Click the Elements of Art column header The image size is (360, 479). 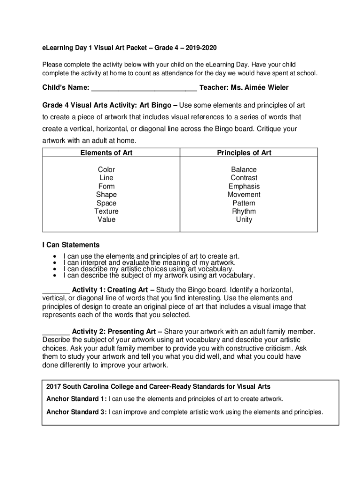[106, 152]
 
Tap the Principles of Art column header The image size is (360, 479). [244, 152]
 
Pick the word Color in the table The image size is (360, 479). [106, 169]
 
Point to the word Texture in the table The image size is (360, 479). [106, 211]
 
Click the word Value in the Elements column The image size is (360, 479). [106, 219]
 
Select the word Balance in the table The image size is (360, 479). [244, 169]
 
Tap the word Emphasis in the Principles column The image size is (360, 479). [244, 186]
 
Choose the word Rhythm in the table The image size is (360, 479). [244, 211]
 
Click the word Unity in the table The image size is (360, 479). [244, 219]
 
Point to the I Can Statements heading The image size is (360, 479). [71, 245]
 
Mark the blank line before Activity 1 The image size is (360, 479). [56, 290]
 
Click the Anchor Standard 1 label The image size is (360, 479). [76, 399]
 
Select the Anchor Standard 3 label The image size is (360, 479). [76, 412]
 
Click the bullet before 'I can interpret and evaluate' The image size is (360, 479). [56, 263]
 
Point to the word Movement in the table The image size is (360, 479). [244, 195]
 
